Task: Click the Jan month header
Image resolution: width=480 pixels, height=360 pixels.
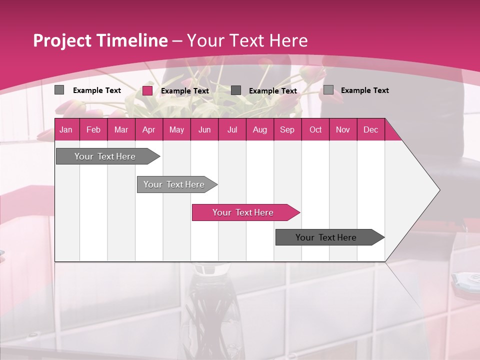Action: (x=66, y=130)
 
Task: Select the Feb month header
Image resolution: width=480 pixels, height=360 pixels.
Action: (x=93, y=130)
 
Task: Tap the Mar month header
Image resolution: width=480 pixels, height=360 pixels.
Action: (x=121, y=130)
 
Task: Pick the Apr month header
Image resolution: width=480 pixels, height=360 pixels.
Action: (x=148, y=130)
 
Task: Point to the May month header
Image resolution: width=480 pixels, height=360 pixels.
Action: (x=176, y=130)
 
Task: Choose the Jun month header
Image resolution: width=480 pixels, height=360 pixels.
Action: (x=204, y=130)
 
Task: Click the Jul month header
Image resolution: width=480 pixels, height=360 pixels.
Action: (x=232, y=130)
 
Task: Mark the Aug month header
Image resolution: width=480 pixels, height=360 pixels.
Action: (x=259, y=130)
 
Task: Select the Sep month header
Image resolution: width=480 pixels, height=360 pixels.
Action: (x=287, y=130)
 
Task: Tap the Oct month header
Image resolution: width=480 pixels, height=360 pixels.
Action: (x=315, y=130)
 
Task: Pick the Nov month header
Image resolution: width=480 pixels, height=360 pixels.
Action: (x=343, y=130)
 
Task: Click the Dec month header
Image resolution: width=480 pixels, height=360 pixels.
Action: (x=370, y=130)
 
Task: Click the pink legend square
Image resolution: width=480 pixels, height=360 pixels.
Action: (x=147, y=90)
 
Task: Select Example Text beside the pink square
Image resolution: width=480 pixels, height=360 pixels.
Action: (x=185, y=91)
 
